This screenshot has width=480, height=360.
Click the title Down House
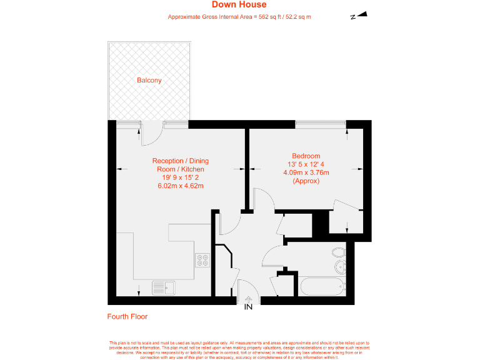[x=239, y=6]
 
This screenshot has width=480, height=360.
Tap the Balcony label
[x=149, y=81]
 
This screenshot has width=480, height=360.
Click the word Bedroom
[x=306, y=156]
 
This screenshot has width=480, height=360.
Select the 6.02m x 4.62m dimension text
[x=180, y=186]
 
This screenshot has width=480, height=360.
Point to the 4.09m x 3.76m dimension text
[x=306, y=172]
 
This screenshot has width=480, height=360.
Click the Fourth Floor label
[x=127, y=317]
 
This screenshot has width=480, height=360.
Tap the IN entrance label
[x=248, y=307]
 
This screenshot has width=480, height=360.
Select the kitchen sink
[x=164, y=288]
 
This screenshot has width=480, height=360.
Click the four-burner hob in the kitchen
[x=202, y=259]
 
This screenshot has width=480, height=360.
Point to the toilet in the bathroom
[x=338, y=252]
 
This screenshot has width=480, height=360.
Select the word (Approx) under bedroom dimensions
[x=306, y=181]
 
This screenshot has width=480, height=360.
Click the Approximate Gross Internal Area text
[x=239, y=17]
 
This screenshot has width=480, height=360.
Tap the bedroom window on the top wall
[x=321, y=123]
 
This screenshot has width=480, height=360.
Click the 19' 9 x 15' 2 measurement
[x=180, y=177]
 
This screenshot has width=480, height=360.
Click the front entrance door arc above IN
[x=248, y=292]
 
